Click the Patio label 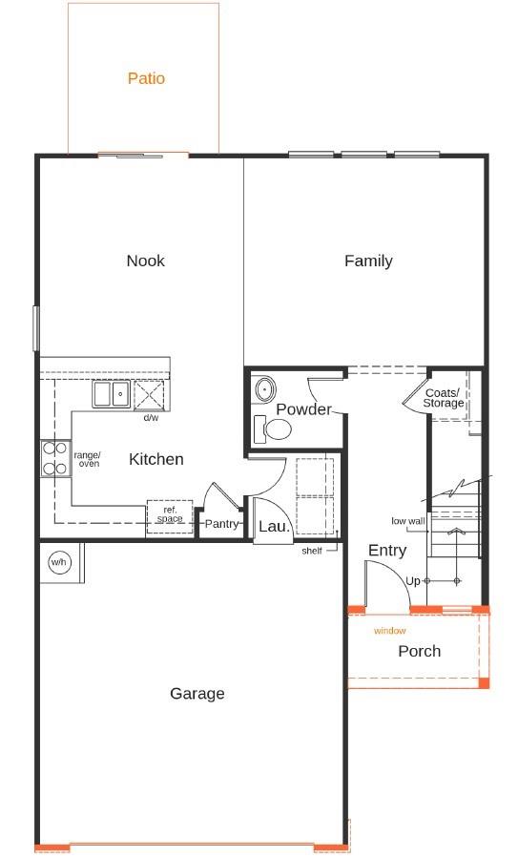click(x=146, y=78)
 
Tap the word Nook click(x=145, y=261)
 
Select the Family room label click(x=368, y=261)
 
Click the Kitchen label click(x=155, y=460)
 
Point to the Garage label click(x=197, y=694)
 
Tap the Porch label click(x=419, y=651)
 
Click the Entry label click(x=386, y=551)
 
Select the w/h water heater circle click(x=58, y=562)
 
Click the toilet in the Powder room click(x=274, y=428)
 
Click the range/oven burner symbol click(x=55, y=458)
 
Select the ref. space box click(x=170, y=514)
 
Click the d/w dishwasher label click(x=151, y=418)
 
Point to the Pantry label click(x=221, y=524)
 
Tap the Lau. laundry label click(x=274, y=526)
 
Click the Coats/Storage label click(x=443, y=398)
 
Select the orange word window click(x=389, y=631)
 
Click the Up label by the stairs click(x=412, y=581)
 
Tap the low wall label click(x=407, y=521)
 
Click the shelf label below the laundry click(x=311, y=551)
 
